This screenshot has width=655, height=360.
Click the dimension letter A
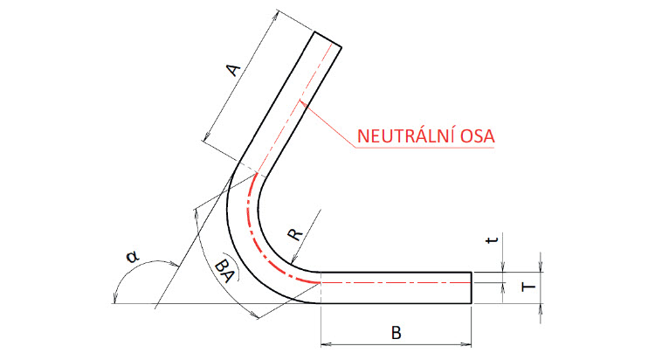[233, 69]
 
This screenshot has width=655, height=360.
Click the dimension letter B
[397, 333]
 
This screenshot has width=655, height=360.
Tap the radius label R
[296, 234]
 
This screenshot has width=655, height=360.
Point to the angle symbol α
[132, 257]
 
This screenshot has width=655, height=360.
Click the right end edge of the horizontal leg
[472, 287]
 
